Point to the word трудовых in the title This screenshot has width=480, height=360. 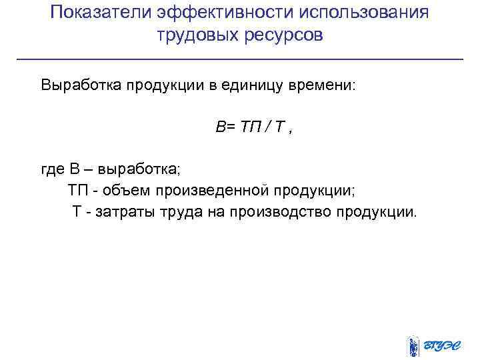coord(195,35)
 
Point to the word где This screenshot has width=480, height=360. coord(52,170)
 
